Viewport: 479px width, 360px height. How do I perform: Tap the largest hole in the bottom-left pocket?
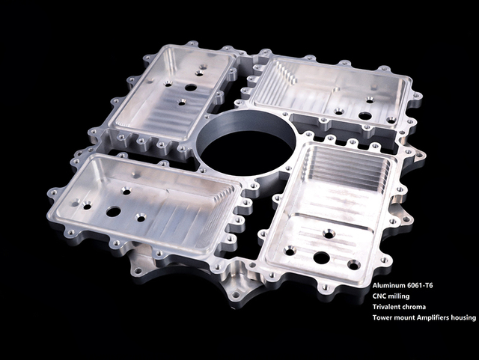click(113, 212)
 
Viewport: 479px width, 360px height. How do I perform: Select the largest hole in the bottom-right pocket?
click(321, 257)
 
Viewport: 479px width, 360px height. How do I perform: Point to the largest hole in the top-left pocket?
click(191, 87)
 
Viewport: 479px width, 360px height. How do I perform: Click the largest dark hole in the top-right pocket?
click(364, 116)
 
